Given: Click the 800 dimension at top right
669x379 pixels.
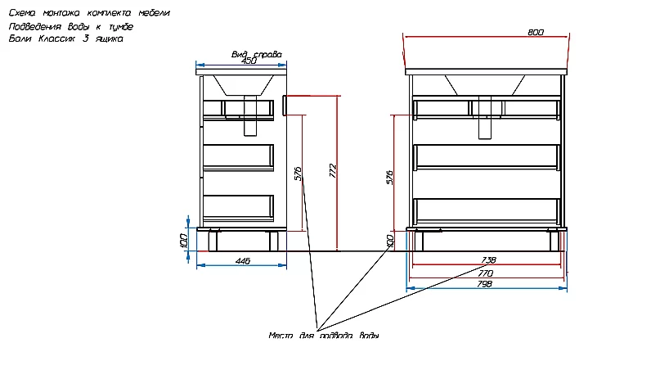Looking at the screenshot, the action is pyautogui.click(x=536, y=33).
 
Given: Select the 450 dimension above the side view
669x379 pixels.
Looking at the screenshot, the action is pyautogui.click(x=249, y=61).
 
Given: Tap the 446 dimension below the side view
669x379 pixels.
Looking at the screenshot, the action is pyautogui.click(x=243, y=261).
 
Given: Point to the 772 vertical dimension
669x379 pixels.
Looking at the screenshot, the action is pyautogui.click(x=333, y=171).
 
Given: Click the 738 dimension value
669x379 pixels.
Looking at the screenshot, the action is pyautogui.click(x=488, y=260).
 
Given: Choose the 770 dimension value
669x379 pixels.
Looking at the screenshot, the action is pyautogui.click(x=486, y=273).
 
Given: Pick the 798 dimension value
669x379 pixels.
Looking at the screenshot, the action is pyautogui.click(x=484, y=284).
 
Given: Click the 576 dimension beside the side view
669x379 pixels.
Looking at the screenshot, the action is pyautogui.click(x=299, y=174).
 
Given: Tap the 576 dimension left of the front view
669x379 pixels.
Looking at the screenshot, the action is pyautogui.click(x=390, y=177).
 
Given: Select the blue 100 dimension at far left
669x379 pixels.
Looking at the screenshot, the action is pyautogui.click(x=184, y=241).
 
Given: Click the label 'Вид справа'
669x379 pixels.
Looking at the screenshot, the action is pyautogui.click(x=257, y=54).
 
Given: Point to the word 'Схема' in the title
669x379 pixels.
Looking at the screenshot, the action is pyautogui.click(x=22, y=13).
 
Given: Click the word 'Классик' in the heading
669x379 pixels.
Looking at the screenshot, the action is pyautogui.click(x=56, y=38).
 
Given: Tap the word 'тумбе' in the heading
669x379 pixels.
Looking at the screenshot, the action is pyautogui.click(x=121, y=26).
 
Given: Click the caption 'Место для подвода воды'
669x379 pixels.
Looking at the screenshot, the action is pyautogui.click(x=324, y=336).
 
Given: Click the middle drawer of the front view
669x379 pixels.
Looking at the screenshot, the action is pyautogui.click(x=487, y=156).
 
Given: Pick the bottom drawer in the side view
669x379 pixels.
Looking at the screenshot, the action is pyautogui.click(x=238, y=208).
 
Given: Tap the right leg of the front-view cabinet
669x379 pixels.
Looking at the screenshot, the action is pyautogui.click(x=554, y=241).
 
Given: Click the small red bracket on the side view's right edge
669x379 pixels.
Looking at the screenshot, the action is pyautogui.click(x=285, y=106).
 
